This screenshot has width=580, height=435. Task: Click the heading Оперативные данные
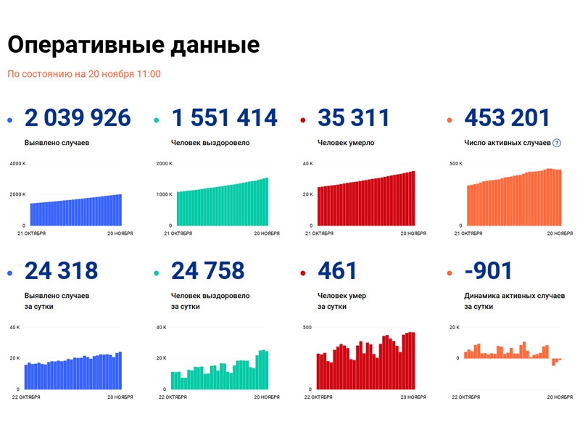coord(133,45)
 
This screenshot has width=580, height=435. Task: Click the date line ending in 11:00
coord(84,74)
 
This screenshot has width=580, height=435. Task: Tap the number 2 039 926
coord(78,117)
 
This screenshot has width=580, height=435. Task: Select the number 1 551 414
coord(224,117)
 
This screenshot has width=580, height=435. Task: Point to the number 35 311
coord(354,117)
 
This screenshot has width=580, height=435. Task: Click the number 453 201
coord(507,117)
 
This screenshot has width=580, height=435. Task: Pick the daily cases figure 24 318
coord(61,271)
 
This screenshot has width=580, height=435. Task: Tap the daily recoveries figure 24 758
coord(207,271)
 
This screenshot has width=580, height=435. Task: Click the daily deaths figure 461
coord(338,271)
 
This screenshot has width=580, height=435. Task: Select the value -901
coord(489,271)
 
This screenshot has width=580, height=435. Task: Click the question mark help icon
coord(557,143)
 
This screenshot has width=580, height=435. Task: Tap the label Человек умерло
coord(346,143)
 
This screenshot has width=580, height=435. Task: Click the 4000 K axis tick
coord(18,164)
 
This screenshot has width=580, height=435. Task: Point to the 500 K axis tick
coord(456,164)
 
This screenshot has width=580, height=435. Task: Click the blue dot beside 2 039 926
coord(9,120)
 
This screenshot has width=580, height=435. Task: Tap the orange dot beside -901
coord(449,273)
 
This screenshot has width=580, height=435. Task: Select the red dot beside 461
coord(303,273)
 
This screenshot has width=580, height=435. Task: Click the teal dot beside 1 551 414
coord(157,120)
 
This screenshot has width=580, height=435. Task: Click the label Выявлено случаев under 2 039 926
coord(57,143)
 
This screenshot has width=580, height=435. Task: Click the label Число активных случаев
coord(506,143)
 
